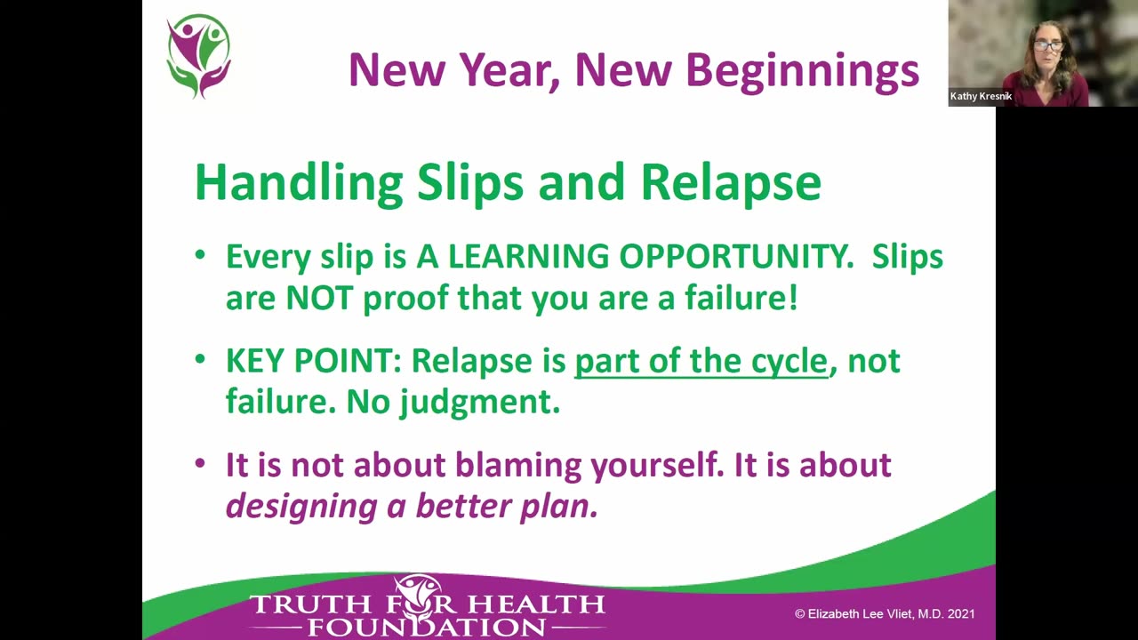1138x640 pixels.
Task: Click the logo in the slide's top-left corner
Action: (199, 55)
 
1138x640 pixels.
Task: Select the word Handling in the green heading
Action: (298, 183)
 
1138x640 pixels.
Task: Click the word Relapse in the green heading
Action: (730, 181)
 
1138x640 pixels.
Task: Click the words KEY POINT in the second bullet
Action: (308, 361)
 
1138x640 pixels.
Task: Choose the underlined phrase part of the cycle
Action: (701, 361)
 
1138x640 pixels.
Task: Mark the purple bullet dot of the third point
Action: (201, 464)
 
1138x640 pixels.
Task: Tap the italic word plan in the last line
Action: (565, 506)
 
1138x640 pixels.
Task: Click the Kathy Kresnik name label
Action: (981, 96)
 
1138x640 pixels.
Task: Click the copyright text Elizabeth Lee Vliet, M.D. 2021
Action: (885, 613)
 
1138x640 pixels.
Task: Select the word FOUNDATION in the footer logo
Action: (427, 627)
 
